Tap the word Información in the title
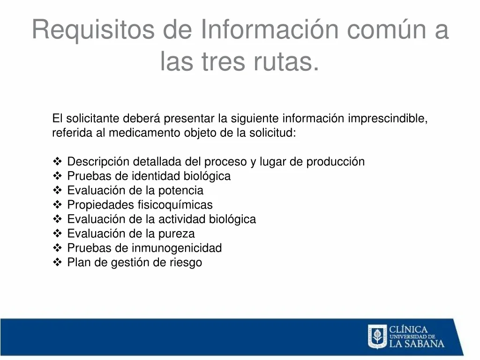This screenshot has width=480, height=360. [x=270, y=29]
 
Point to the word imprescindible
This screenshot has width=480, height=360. [x=388, y=119]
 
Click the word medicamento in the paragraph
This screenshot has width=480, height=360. [x=144, y=133]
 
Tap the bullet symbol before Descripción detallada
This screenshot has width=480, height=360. [x=57, y=161]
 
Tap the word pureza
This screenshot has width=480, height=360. [x=176, y=234]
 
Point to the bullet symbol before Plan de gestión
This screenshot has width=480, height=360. [x=57, y=262]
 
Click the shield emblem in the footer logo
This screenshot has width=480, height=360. [x=377, y=337]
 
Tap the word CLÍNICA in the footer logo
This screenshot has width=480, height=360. [x=408, y=330]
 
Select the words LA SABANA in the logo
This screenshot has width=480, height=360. [x=417, y=344]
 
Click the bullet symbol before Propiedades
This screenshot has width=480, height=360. [x=57, y=204]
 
